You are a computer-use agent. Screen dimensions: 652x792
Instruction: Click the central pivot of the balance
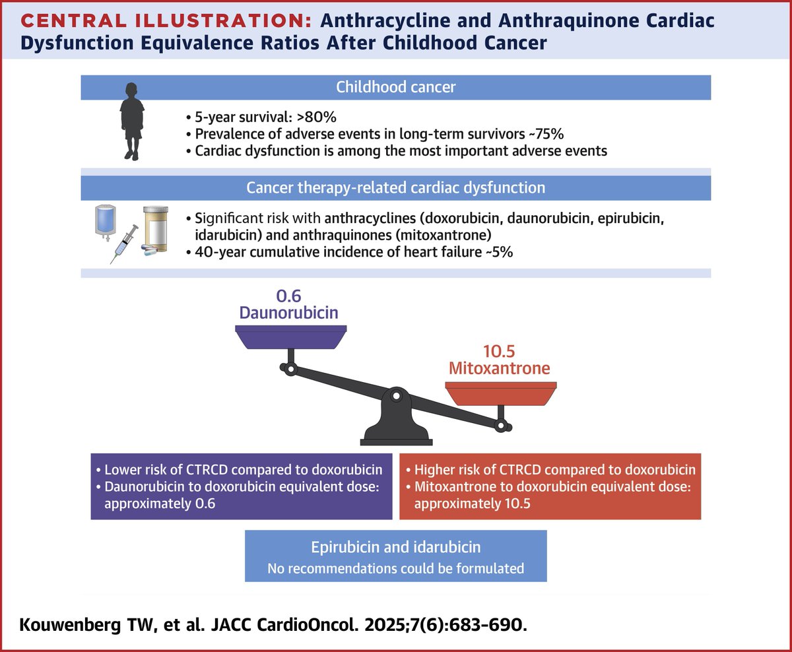[395, 396]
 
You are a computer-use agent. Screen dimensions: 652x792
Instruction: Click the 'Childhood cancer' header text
[395, 87]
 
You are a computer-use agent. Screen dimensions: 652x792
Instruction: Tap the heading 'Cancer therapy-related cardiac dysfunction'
[395, 187]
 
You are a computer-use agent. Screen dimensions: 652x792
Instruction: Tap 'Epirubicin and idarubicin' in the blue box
[395, 548]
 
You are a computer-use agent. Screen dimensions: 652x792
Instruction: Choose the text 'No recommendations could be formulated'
[395, 568]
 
